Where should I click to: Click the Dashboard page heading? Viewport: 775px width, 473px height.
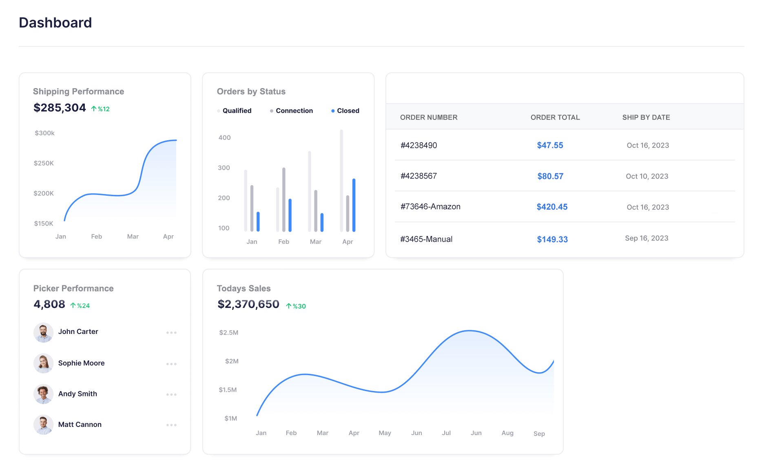click(55, 22)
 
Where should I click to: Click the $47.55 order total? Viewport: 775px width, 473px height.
click(550, 145)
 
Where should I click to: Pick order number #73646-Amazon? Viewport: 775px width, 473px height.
click(430, 207)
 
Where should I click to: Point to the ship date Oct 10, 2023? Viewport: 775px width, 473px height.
click(647, 176)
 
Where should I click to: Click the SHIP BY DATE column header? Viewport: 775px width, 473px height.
click(646, 117)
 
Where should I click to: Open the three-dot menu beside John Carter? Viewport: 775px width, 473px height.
click(171, 333)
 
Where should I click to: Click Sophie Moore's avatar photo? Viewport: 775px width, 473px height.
click(43, 363)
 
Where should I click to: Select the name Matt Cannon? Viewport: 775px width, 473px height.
click(80, 424)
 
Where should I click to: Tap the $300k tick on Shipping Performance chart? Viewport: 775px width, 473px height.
click(44, 133)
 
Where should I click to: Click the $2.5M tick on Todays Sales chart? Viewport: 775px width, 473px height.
click(228, 333)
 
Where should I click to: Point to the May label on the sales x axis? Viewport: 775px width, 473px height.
click(385, 433)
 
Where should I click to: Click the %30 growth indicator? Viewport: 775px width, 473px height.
click(296, 306)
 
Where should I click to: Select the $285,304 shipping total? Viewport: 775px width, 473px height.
click(60, 108)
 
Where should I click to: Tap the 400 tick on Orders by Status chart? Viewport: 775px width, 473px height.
click(224, 138)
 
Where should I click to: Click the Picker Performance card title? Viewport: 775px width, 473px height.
click(73, 288)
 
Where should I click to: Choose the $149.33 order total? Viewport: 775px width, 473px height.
click(552, 239)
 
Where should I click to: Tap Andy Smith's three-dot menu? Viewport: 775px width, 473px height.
click(171, 394)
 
